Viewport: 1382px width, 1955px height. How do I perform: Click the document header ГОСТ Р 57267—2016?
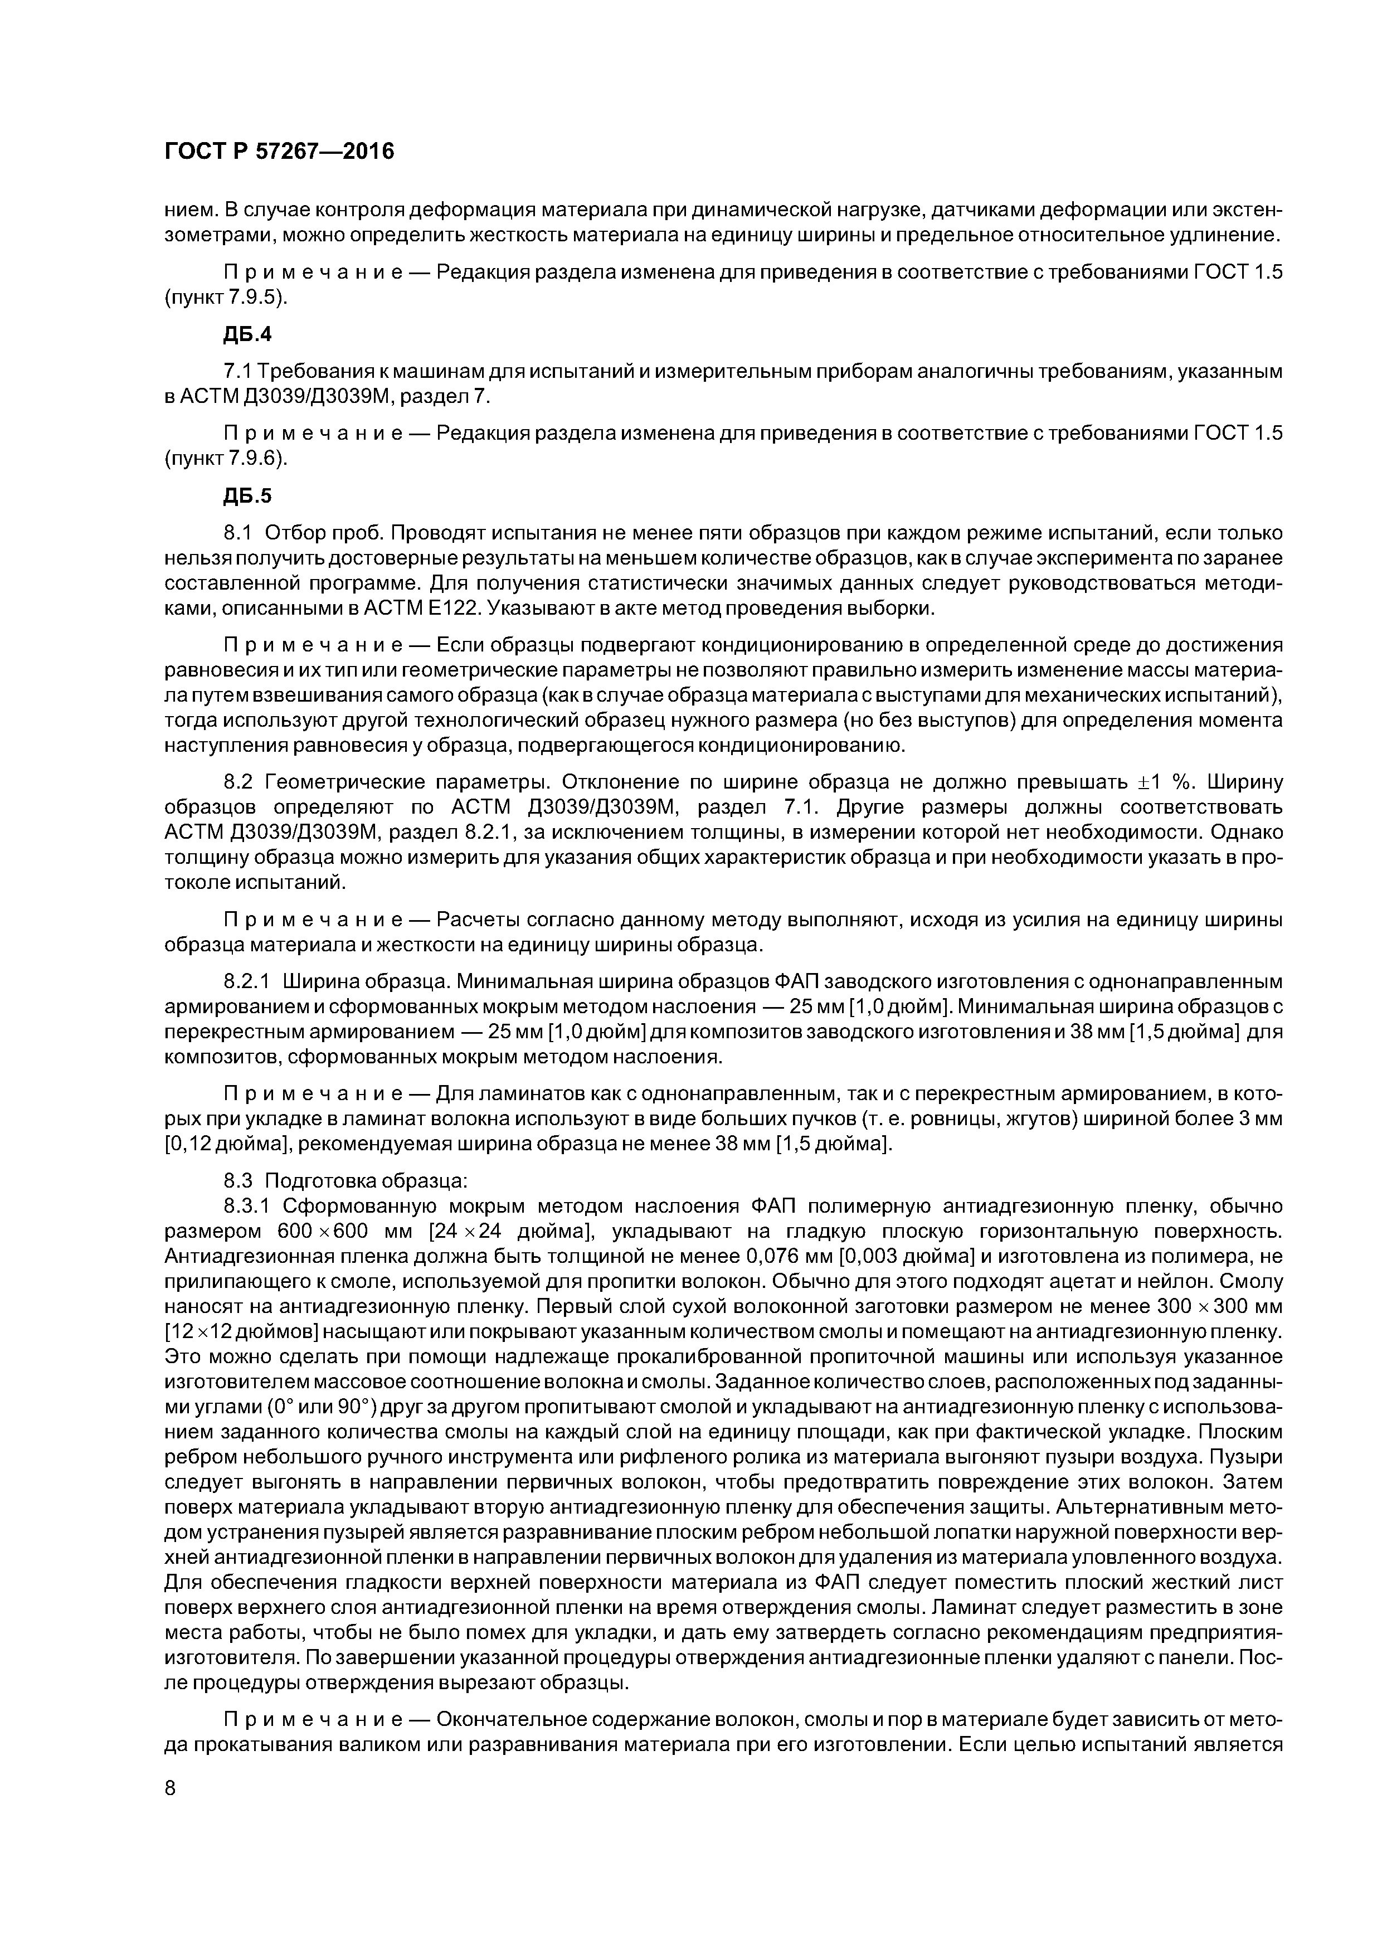tap(279, 152)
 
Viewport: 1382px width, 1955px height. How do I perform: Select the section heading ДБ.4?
tap(247, 334)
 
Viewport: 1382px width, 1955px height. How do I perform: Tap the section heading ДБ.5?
tap(247, 495)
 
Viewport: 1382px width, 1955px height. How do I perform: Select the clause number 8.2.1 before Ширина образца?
tap(247, 983)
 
